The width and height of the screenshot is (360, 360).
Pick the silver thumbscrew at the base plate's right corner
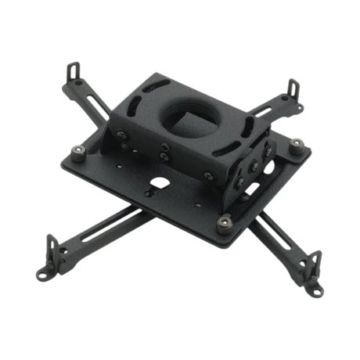(297, 142)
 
